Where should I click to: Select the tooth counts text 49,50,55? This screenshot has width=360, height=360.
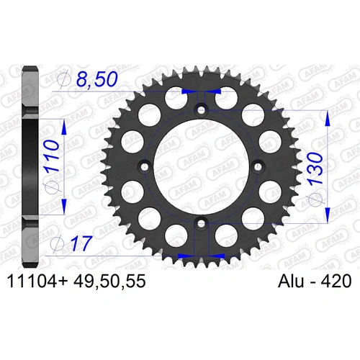[x=114, y=284]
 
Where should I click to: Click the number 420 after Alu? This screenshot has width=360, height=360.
[x=332, y=284]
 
